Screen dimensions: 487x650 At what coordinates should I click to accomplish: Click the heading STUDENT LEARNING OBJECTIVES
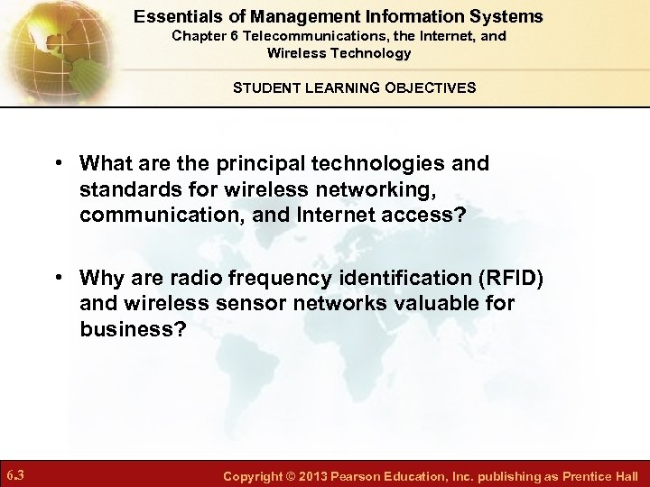(355, 87)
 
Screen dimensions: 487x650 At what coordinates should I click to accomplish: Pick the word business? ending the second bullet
(133, 330)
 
